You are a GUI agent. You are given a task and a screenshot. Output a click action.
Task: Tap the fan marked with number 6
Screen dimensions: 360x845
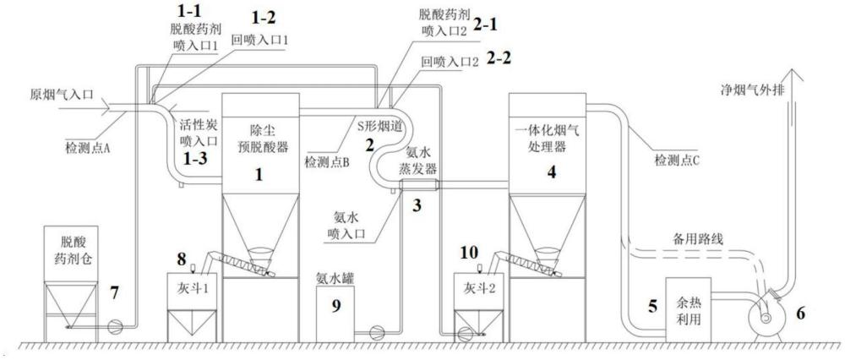point(765,318)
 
